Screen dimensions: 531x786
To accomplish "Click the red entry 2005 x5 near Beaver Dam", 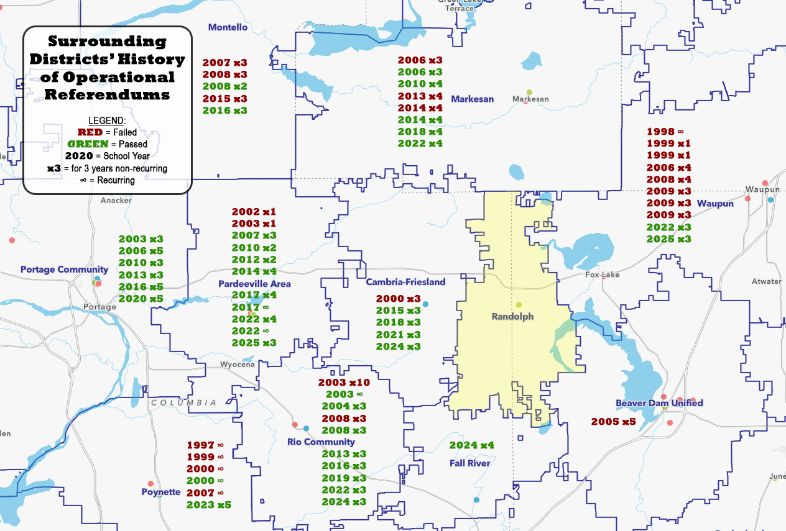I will click(613, 422).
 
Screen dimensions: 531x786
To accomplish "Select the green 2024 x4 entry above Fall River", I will click(471, 445).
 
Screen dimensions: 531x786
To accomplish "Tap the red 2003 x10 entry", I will click(344, 383).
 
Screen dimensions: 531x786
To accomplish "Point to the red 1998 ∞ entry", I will click(665, 132).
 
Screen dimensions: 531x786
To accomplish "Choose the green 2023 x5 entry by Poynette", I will click(209, 504).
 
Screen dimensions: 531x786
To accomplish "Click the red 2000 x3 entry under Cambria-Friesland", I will click(398, 299).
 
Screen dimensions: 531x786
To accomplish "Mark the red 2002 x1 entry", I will click(254, 212).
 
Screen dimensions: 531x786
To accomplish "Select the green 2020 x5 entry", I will click(141, 299).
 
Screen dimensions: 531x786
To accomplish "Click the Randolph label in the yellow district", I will click(512, 317).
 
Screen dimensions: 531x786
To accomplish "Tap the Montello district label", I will click(228, 27).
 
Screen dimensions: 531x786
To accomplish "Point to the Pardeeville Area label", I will click(254, 284).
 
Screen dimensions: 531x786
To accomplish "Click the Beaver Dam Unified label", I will click(659, 403).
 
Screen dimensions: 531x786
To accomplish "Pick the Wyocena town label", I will click(238, 365).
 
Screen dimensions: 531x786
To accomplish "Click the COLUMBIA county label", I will click(185, 402).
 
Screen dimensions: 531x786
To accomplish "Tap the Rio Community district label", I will click(321, 442).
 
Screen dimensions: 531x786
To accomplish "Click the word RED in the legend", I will click(90, 132).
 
